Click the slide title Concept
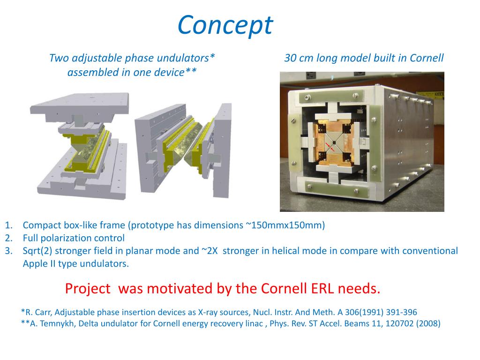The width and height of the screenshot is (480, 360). (x=225, y=25)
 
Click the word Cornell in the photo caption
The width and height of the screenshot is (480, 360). (x=427, y=58)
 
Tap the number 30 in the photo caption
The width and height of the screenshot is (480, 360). (x=290, y=58)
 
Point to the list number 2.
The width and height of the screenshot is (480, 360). (x=8, y=238)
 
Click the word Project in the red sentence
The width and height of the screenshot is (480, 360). (x=88, y=289)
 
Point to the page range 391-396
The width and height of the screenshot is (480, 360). (x=401, y=312)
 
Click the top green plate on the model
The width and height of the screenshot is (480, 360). (x=332, y=97)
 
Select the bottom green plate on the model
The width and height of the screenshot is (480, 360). (x=337, y=187)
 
